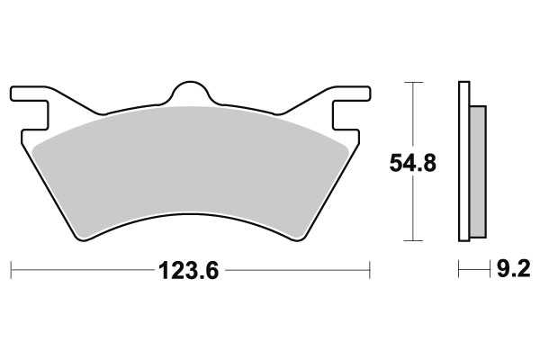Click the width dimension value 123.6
pos(190,269)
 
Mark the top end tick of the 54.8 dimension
pos(412,83)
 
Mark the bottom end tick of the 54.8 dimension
pos(412,240)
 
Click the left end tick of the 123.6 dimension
pos(10,269)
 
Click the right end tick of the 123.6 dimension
pos(370,269)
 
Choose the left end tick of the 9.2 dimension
pos(459,269)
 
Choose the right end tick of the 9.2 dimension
pos(486,269)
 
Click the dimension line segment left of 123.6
pos(81,269)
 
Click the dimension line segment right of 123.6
pos(297,269)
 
